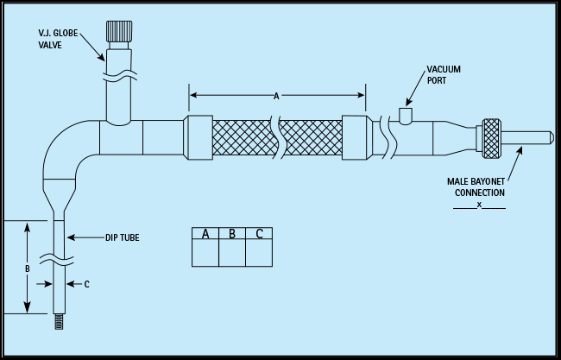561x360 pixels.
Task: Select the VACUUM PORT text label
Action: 444,75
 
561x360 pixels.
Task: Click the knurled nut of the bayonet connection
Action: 492,138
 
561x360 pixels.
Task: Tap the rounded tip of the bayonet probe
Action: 547,137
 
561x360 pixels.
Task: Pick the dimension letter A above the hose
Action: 276,97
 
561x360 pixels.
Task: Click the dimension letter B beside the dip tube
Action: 28,268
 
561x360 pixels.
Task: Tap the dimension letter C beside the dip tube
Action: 86,283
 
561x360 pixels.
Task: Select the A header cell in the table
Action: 205,234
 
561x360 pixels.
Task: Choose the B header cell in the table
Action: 232,234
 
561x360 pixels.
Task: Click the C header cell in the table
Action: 260,234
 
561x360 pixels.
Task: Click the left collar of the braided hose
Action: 199,137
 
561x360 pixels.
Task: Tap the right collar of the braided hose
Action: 354,137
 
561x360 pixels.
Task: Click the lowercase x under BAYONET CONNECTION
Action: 478,205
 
